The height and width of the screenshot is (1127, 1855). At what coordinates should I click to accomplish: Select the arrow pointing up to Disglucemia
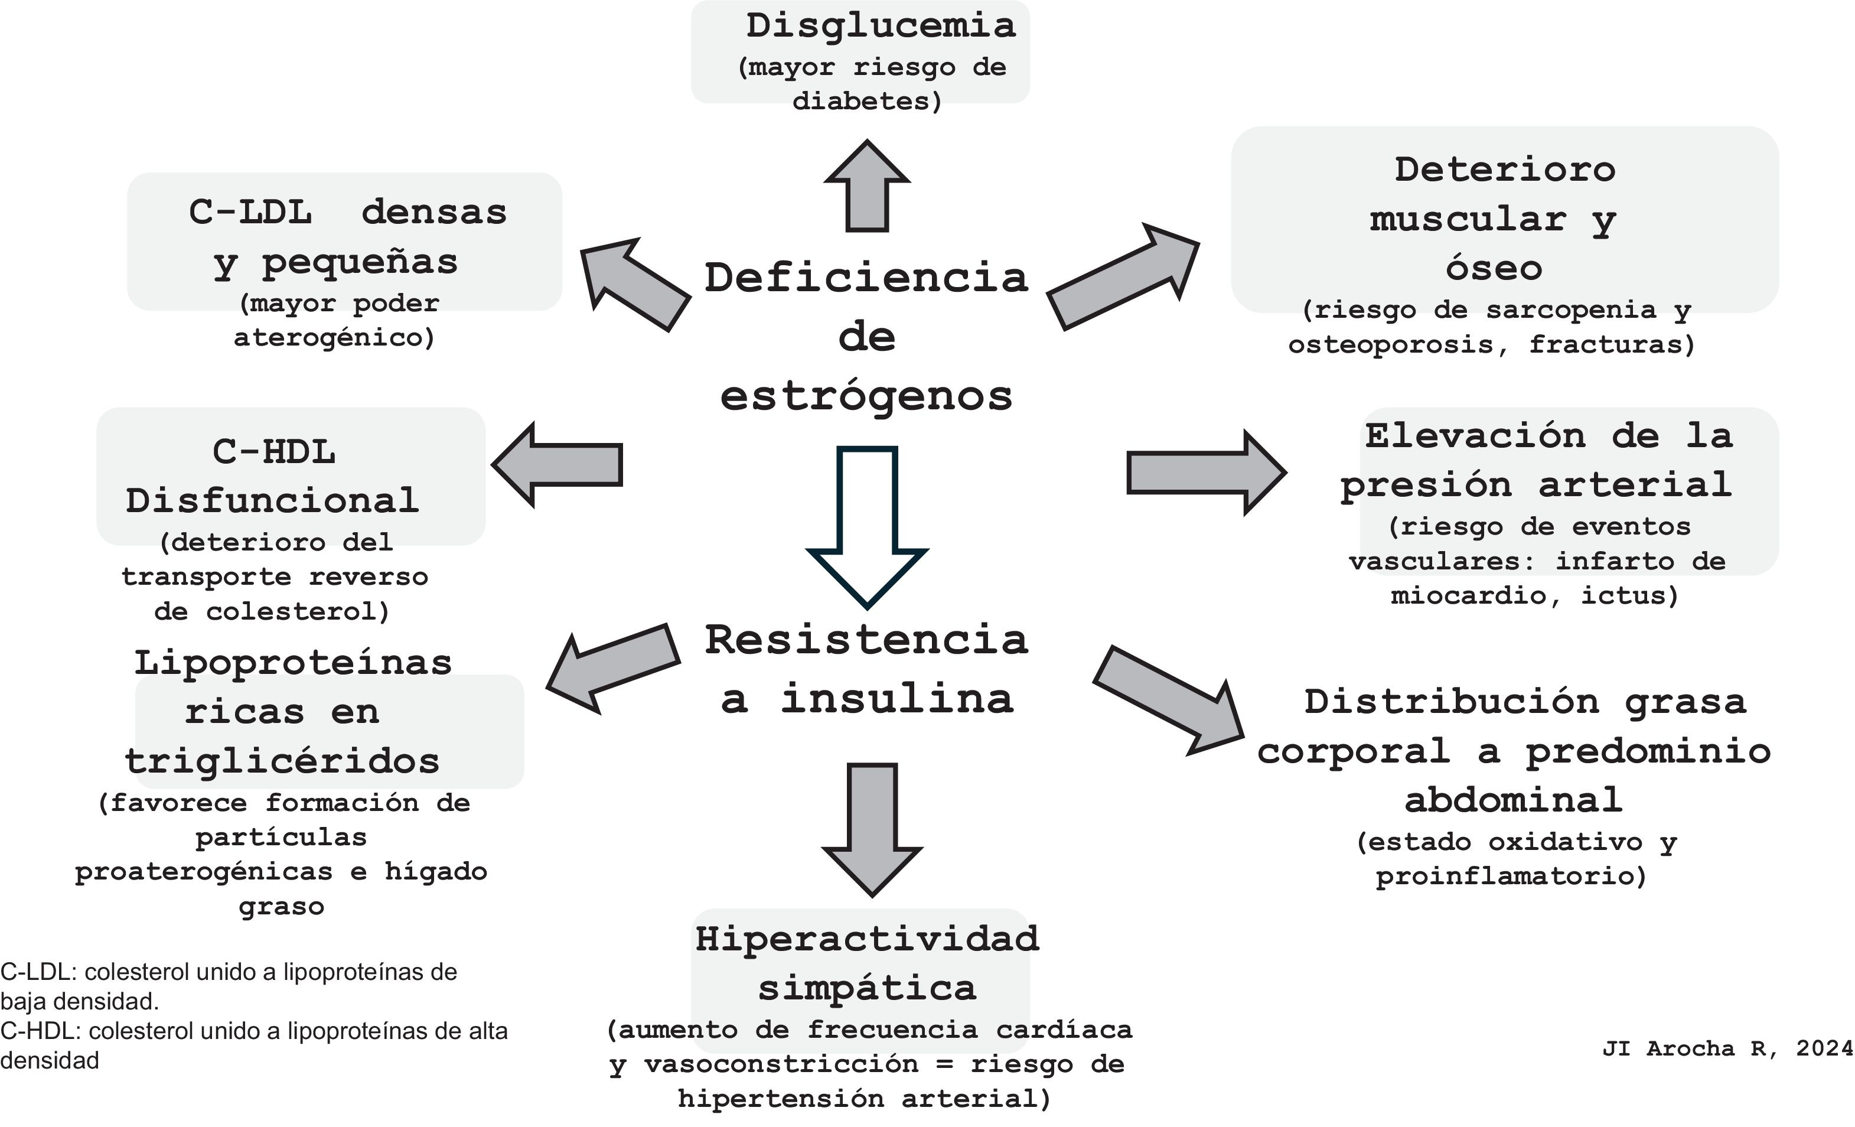click(868, 188)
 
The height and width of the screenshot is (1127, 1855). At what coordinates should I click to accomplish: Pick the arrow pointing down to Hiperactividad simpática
click(872, 828)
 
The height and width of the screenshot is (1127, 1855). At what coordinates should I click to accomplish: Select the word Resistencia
click(866, 640)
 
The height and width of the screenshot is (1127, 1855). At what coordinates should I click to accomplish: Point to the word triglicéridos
click(282, 760)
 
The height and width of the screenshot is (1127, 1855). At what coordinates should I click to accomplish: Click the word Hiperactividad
click(868, 939)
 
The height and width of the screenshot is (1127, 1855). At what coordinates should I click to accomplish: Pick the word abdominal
click(1513, 800)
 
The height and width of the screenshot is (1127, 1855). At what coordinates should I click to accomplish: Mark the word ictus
click(1630, 595)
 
